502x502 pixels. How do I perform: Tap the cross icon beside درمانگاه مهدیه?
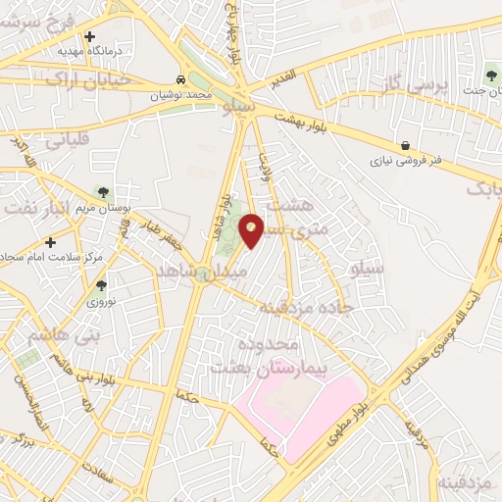(89, 36)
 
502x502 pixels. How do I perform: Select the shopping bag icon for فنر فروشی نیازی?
(406, 146)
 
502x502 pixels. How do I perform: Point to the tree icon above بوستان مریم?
(100, 193)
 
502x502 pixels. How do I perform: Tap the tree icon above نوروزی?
(101, 285)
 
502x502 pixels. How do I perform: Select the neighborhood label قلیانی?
(67, 139)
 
